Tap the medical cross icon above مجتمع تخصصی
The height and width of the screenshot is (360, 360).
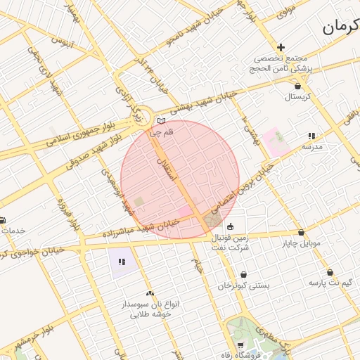tap(281, 46)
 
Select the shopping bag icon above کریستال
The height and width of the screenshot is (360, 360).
tap(298, 85)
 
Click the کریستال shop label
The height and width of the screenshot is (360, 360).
tap(298, 96)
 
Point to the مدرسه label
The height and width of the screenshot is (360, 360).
tap(311, 147)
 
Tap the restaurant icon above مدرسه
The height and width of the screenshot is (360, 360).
tap(311, 136)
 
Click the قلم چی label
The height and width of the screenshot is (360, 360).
tap(160, 131)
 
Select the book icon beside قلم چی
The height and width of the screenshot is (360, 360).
tap(161, 121)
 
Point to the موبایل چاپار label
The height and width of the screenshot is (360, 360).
tap(302, 243)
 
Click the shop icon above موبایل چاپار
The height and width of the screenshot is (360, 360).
tap(301, 233)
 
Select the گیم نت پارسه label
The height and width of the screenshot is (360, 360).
tap(329, 283)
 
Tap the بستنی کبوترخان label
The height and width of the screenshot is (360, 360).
tap(243, 285)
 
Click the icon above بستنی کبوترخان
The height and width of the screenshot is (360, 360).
tap(243, 275)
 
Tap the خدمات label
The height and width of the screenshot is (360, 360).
tap(13, 231)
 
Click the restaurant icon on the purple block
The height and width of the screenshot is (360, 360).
tap(122, 262)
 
